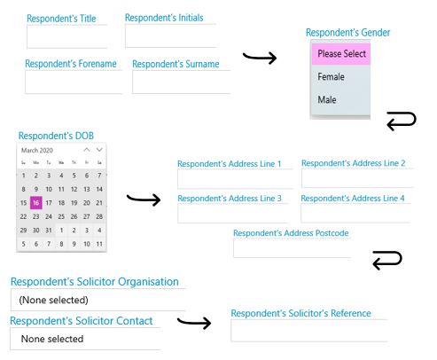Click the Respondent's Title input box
pyautogui.click(x=67, y=36)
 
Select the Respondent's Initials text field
pyautogui.click(x=171, y=35)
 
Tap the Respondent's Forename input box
pyautogui.click(x=74, y=82)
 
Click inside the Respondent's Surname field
pyautogui.click(x=182, y=82)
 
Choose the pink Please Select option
pyautogui.click(x=341, y=54)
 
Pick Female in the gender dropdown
pyautogui.click(x=331, y=77)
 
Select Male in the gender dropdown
pyautogui.click(x=327, y=99)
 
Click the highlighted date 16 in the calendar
pyautogui.click(x=36, y=203)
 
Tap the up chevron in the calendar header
pyautogui.click(x=87, y=150)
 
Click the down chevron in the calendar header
pyautogui.click(x=99, y=150)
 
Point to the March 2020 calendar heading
pyautogui.click(x=37, y=150)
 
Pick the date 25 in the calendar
pyautogui.click(x=61, y=216)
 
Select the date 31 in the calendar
pyautogui.click(x=49, y=231)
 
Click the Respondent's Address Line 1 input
pyautogui.click(x=235, y=179)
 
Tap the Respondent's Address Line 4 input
pyautogui.click(x=355, y=213)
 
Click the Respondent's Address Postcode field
pyautogui.click(x=292, y=248)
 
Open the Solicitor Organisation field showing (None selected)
pyautogui.click(x=98, y=300)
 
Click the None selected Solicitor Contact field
pyautogui.click(x=85, y=339)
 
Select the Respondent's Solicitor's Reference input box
pyautogui.click(x=309, y=331)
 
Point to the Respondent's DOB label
pyautogui.click(x=56, y=136)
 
